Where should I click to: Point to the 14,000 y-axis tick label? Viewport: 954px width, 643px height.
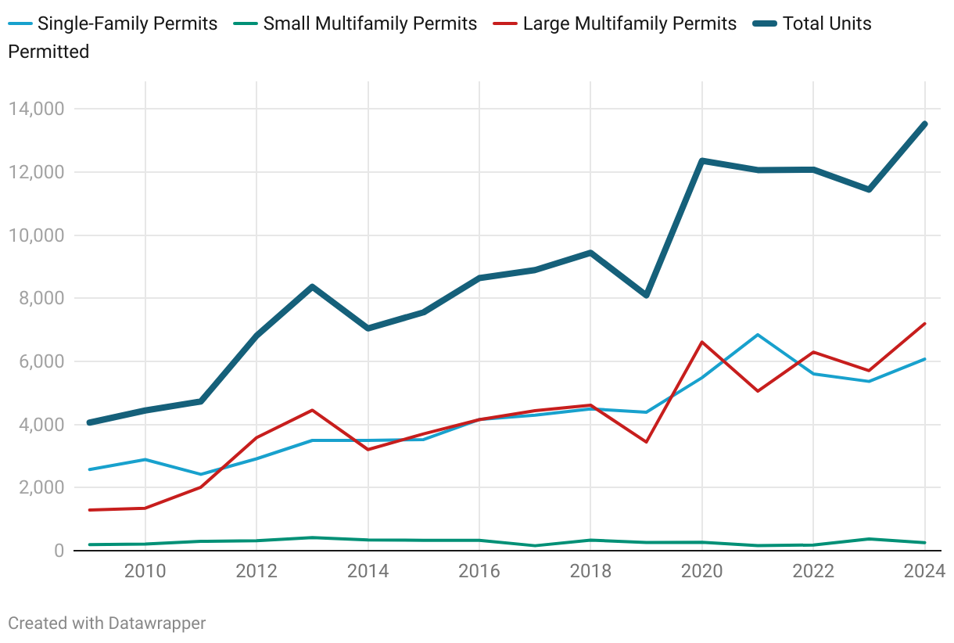pos(37,109)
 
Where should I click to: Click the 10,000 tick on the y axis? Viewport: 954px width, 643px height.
pos(37,235)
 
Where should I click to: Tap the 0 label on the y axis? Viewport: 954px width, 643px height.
pos(59,551)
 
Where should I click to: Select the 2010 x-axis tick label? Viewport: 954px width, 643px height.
pos(145,571)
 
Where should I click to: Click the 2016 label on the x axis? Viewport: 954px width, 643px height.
pos(479,571)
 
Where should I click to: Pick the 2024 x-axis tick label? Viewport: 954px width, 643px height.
pos(924,571)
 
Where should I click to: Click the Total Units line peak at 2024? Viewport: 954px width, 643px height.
pos(925,124)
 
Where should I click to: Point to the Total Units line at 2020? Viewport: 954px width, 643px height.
pos(702,160)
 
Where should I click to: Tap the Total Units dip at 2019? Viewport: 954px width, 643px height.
pos(647,295)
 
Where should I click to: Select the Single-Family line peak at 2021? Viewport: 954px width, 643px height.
pos(758,335)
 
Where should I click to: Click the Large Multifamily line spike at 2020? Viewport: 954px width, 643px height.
pos(702,342)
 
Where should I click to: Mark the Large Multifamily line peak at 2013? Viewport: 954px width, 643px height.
pos(312,410)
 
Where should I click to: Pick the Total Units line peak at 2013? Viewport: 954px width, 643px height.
pos(312,286)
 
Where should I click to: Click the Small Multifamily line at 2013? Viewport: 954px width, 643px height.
pos(312,537)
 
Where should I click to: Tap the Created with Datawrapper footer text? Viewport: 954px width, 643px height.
pos(107,623)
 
